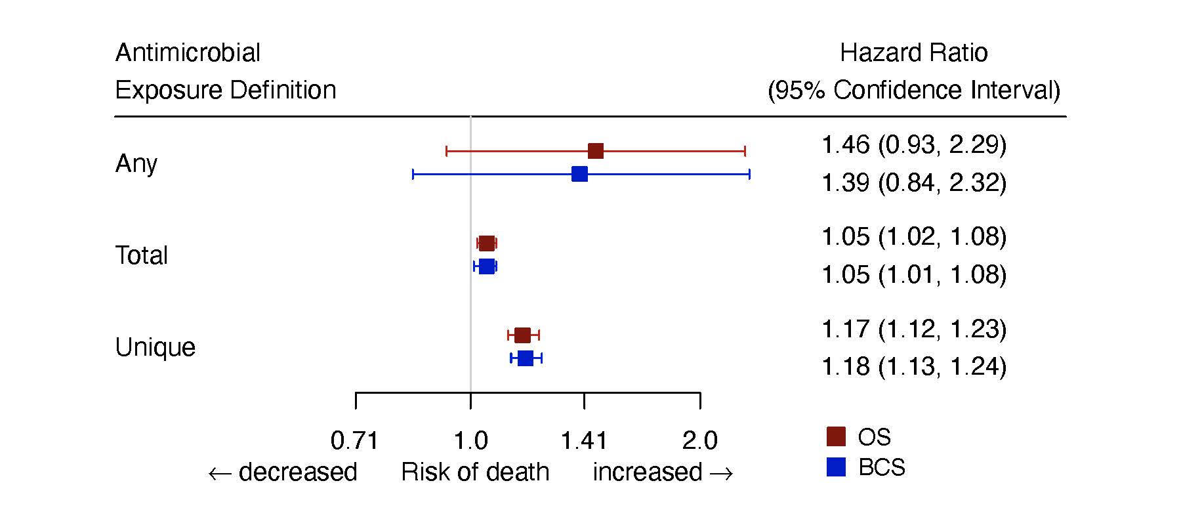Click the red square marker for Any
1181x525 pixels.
tap(595, 151)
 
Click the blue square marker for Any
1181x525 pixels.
tap(579, 174)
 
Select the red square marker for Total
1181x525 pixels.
tap(486, 243)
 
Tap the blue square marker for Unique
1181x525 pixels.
tap(526, 358)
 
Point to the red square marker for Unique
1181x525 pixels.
tap(522, 335)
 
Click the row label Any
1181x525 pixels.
tap(136, 163)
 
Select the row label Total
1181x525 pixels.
tap(141, 255)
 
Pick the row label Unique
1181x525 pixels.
tap(155, 347)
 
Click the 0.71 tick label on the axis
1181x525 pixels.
tap(355, 441)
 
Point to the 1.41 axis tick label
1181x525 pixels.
tap(584, 441)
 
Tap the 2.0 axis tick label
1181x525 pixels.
tap(700, 441)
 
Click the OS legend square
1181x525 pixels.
tap(836, 436)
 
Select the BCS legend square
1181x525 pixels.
tap(836, 467)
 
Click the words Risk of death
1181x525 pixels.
tap(475, 472)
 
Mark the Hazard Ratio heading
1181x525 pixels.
tap(913, 53)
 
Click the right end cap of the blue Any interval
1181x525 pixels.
tap(749, 174)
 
